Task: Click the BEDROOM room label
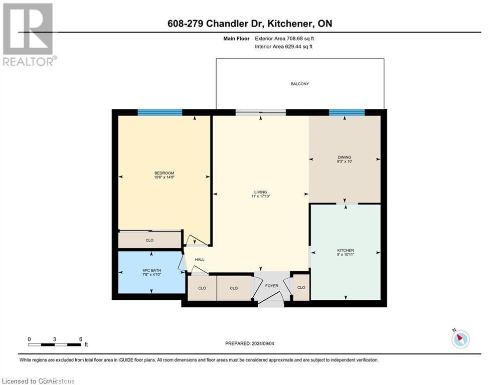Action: (x=164, y=173)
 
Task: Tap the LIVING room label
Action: (x=260, y=191)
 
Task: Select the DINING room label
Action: (x=344, y=157)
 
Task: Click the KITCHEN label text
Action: (x=346, y=250)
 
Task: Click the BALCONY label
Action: (x=300, y=84)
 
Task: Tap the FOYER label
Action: (x=271, y=286)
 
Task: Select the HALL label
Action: (x=199, y=259)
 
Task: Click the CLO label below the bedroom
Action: (x=149, y=240)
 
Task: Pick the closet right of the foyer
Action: (x=301, y=288)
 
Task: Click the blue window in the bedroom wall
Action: (x=160, y=113)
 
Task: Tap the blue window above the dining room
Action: (x=347, y=113)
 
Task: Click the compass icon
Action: (x=460, y=339)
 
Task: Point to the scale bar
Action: (x=55, y=344)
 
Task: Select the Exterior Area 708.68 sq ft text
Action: (x=285, y=39)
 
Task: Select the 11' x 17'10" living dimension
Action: (x=260, y=197)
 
